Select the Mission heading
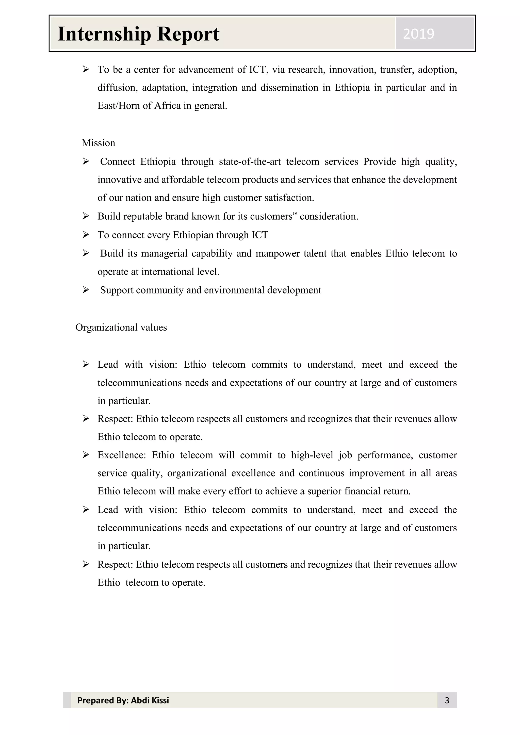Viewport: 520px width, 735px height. pyautogui.click(x=98, y=143)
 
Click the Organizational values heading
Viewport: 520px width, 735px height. pyautogui.click(x=121, y=328)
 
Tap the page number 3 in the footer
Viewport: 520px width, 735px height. pyautogui.click(x=447, y=700)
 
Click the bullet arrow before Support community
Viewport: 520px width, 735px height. pyautogui.click(x=86, y=290)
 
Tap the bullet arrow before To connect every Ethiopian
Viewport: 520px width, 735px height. pyautogui.click(x=86, y=235)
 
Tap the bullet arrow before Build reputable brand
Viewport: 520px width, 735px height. pyautogui.click(x=86, y=216)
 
